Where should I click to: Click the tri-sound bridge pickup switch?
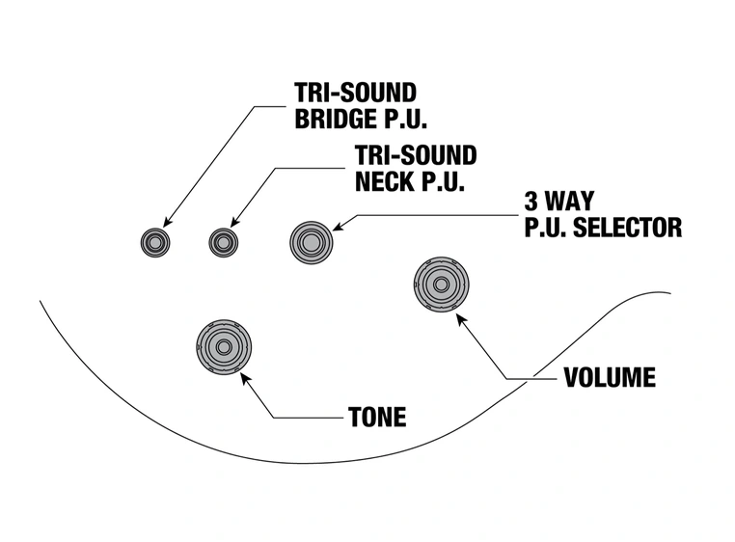tap(154, 242)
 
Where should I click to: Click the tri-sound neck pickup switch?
tap(224, 242)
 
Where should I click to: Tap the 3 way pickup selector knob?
tap(311, 242)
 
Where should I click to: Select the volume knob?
tap(442, 285)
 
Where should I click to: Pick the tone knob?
tap(224, 346)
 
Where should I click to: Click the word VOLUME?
tap(609, 377)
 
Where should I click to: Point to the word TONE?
tap(376, 418)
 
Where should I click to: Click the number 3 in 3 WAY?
tap(531, 203)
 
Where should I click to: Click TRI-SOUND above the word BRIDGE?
tap(355, 94)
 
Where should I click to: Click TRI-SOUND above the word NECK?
tap(416, 155)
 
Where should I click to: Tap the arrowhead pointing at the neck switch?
tap(234, 224)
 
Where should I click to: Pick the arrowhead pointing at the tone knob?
tap(244, 377)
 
